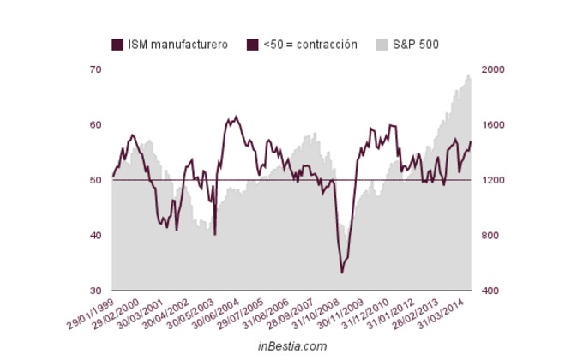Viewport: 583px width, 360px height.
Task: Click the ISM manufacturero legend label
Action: pyautogui.click(x=177, y=45)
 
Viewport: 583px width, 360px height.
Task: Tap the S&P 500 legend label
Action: pyautogui.click(x=417, y=45)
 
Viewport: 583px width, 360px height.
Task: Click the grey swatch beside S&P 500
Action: pyautogui.click(x=382, y=45)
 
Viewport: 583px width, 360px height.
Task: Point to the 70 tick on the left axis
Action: pyautogui.click(x=95, y=69)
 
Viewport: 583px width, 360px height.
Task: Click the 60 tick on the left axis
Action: pyautogui.click(x=95, y=125)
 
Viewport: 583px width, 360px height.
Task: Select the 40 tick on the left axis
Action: pyautogui.click(x=95, y=236)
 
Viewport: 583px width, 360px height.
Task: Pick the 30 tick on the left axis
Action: pyautogui.click(x=95, y=291)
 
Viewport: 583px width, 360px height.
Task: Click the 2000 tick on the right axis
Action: pyautogui.click(x=495, y=69)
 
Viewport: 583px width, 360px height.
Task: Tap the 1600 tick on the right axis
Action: pyautogui.click(x=495, y=125)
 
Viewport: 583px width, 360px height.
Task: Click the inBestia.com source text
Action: pyautogui.click(x=291, y=346)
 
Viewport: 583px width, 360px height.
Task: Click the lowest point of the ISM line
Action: pyautogui.click(x=342, y=273)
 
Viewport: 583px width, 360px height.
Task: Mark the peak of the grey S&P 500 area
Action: pyautogui.click(x=468, y=75)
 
